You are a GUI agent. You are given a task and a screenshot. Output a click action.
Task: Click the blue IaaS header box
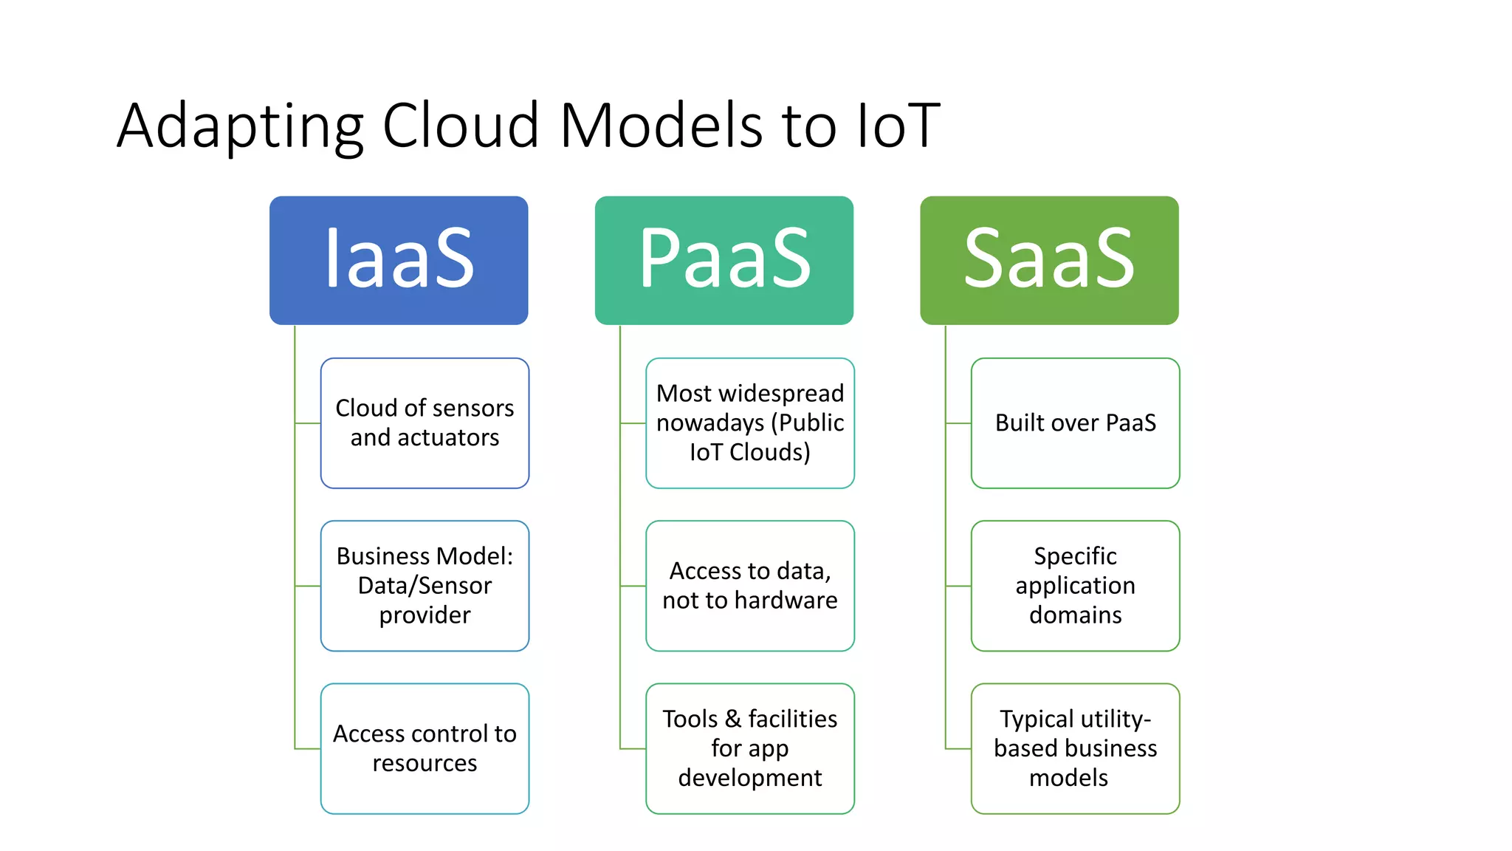pos(399,260)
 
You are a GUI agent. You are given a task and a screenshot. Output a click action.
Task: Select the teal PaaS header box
pos(724,260)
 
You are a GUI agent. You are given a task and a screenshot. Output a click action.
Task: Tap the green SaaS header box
pos(1049,260)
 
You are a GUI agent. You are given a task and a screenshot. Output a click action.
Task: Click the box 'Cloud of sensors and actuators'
pos(425,423)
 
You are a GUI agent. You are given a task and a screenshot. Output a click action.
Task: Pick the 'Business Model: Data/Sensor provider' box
pos(425,585)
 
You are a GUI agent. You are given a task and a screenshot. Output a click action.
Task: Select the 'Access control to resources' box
pos(425,748)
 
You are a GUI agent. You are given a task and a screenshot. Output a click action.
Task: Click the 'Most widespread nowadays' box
pos(750,423)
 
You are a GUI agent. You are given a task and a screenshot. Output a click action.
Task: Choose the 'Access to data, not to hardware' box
pos(750,585)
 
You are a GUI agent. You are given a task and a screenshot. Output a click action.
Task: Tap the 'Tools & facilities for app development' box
pos(750,748)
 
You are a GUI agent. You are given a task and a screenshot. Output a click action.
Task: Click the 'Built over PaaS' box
pos(1075,423)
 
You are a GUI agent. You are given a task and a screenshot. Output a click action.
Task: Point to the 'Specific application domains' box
pos(1075,585)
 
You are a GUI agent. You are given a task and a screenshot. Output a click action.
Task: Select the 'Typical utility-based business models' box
pos(1075,748)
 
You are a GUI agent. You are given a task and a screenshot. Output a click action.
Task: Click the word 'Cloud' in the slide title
pos(461,126)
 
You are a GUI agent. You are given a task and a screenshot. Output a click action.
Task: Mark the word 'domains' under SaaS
pos(1075,615)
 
